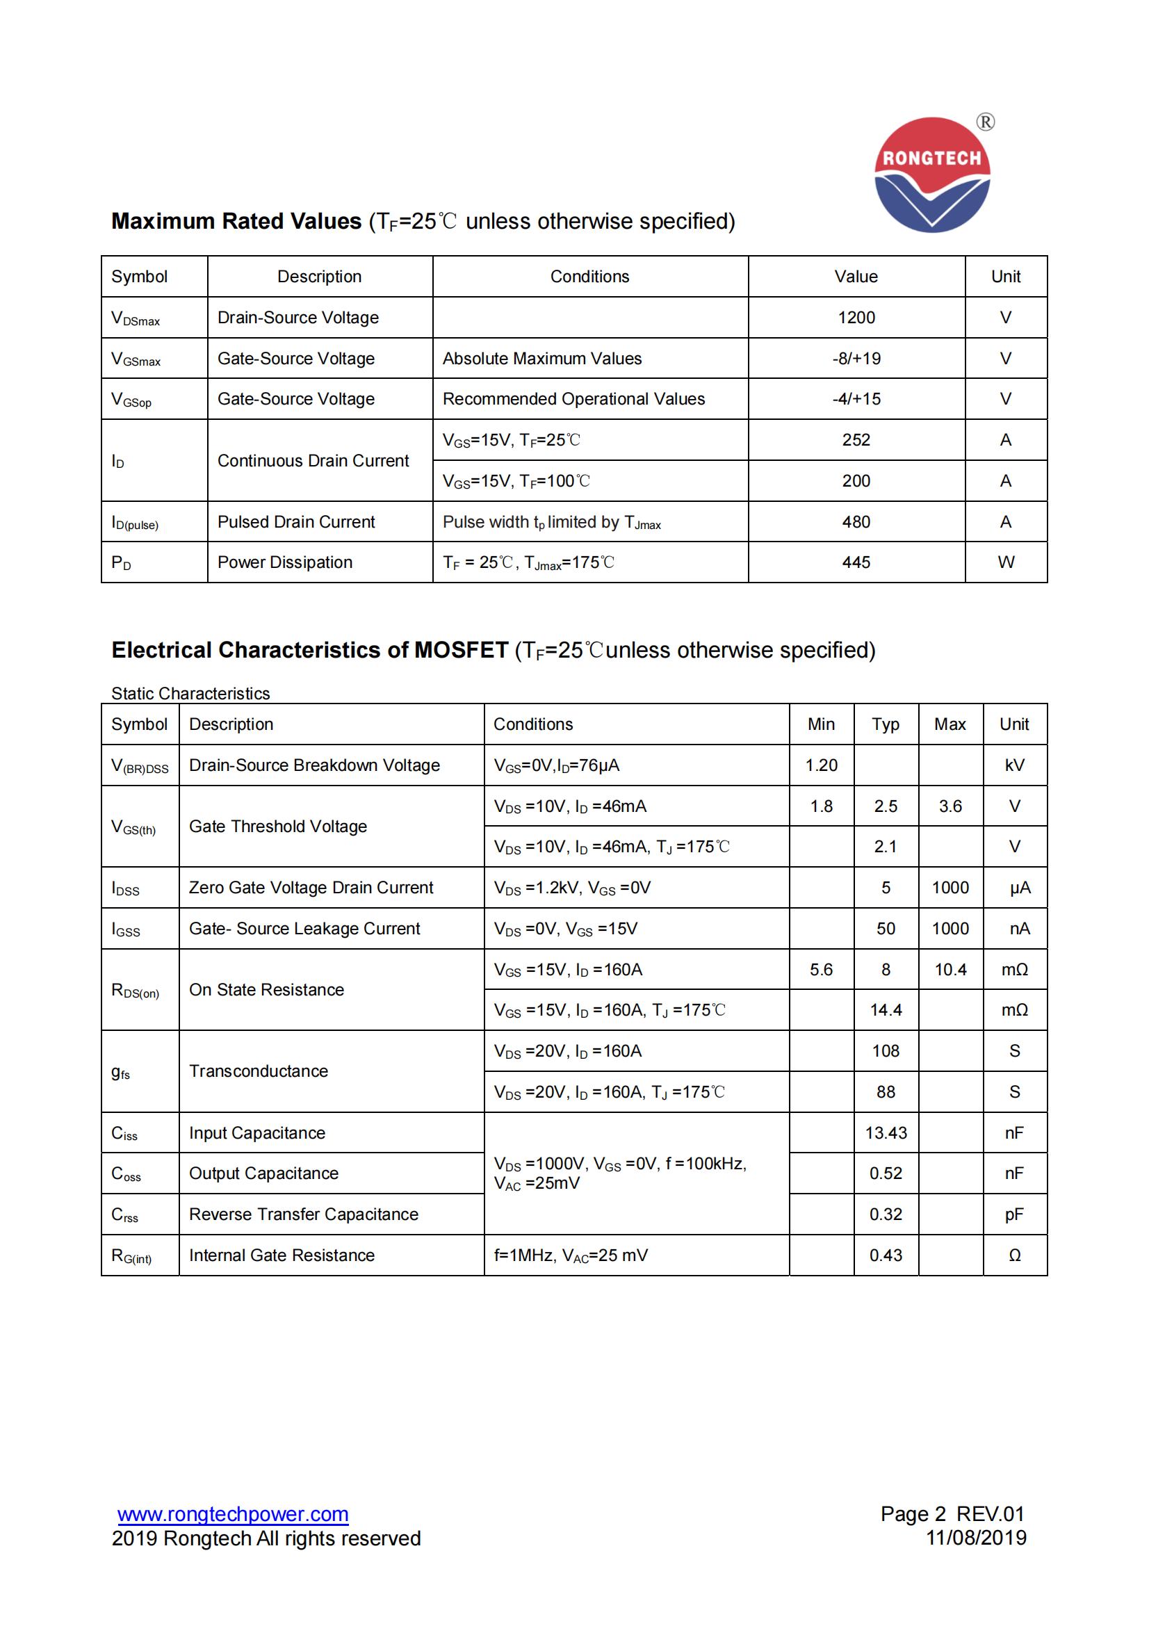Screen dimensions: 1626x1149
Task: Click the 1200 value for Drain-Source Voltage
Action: pos(856,317)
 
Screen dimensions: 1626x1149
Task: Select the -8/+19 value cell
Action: pos(856,358)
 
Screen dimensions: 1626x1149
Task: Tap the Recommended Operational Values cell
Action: pos(573,399)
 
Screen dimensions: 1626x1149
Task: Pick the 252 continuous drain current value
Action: pos(856,440)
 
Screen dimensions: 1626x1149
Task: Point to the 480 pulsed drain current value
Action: pos(856,522)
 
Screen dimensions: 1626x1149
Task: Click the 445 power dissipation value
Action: pos(856,562)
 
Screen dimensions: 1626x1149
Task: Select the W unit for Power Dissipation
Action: pos(1005,562)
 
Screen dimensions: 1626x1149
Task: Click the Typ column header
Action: pos(885,724)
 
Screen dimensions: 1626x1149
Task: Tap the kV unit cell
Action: pos(1013,765)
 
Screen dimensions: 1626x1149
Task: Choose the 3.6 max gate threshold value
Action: pos(950,806)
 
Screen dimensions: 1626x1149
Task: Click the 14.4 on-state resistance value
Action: pos(885,1010)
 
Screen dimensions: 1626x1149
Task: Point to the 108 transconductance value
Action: pos(885,1051)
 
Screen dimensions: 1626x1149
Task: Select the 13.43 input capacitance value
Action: pos(885,1133)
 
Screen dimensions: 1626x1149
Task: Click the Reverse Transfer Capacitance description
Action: pos(303,1214)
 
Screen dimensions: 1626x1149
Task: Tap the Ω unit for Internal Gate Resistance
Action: pos(1013,1255)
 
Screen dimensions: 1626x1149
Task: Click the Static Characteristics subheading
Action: pos(190,693)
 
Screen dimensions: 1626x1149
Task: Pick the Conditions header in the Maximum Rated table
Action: pos(589,276)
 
